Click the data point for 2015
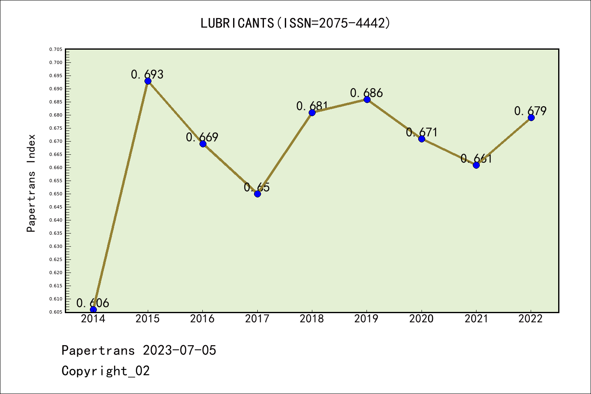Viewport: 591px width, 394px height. tap(148, 81)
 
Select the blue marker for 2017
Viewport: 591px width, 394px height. tap(257, 194)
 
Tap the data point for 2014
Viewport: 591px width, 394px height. tap(93, 309)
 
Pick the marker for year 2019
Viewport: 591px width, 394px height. tap(367, 99)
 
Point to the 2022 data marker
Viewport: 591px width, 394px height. tap(531, 117)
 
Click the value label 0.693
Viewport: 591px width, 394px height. tap(147, 74)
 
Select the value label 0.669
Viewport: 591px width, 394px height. tap(202, 137)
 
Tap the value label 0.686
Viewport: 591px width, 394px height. tap(366, 93)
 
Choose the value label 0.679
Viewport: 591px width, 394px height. tap(530, 111)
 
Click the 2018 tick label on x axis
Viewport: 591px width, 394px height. tap(312, 319)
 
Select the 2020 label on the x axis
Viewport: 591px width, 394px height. tap(421, 319)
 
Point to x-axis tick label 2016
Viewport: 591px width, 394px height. tap(202, 319)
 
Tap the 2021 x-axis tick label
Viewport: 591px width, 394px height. tap(476, 319)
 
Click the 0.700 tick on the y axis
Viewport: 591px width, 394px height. tap(56, 62)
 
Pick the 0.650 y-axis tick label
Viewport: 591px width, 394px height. tap(56, 194)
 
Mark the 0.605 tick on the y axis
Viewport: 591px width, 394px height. tap(56, 312)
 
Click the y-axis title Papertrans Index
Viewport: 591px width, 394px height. tap(31, 183)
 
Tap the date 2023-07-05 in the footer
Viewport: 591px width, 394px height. tap(179, 350)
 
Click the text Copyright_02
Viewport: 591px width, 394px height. tap(105, 371)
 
